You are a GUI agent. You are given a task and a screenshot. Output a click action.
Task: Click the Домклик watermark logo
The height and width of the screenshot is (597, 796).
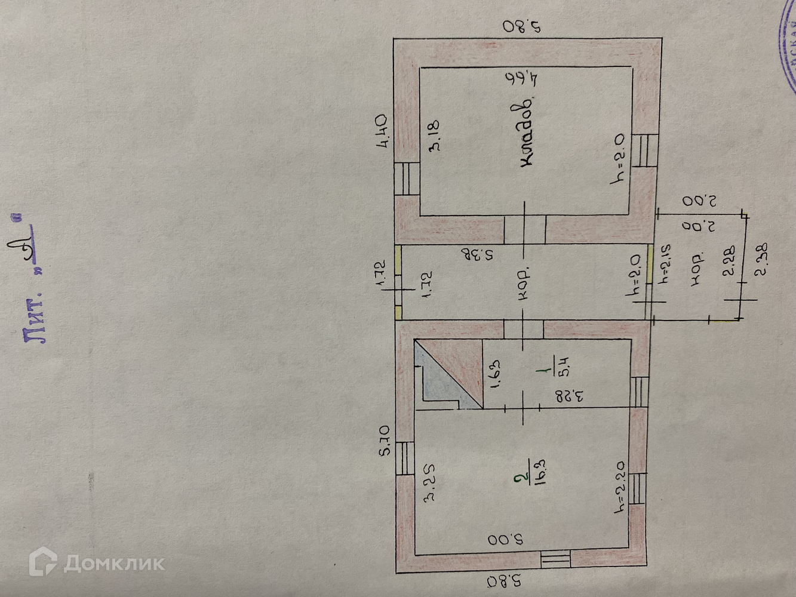click(x=97, y=562)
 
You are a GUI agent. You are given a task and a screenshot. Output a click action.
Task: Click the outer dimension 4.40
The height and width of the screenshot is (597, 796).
click(x=382, y=130)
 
